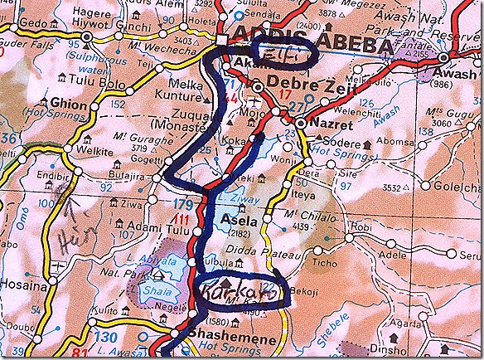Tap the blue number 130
coord(104,337)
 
